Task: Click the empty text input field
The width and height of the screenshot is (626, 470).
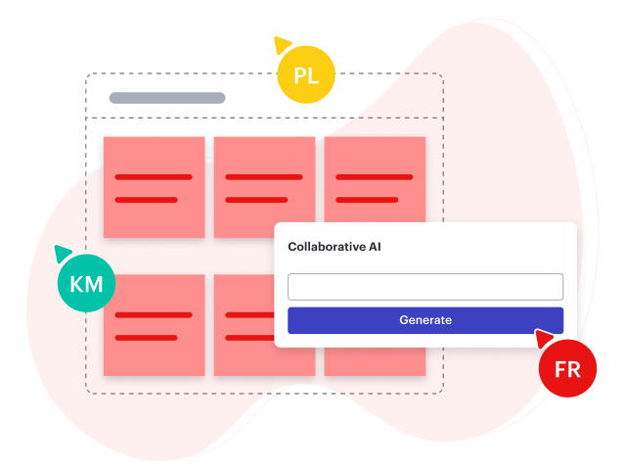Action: point(425,287)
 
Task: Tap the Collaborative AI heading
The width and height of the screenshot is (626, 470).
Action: point(335,247)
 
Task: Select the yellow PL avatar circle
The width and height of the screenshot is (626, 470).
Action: point(306,75)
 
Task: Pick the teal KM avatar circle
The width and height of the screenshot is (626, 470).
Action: point(87,285)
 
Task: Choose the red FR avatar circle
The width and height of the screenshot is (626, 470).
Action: point(567,369)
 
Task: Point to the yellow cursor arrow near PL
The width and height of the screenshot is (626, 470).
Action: point(282,44)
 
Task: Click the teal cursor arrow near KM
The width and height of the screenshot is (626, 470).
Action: point(63,253)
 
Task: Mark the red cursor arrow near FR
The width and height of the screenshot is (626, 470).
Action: point(543,339)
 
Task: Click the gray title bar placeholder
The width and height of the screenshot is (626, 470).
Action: point(167,98)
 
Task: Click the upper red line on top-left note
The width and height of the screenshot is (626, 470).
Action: point(154,177)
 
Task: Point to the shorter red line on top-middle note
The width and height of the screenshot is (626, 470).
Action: point(256,200)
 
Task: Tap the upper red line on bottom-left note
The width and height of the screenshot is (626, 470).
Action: point(154,315)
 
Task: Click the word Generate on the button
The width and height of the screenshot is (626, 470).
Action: point(425,320)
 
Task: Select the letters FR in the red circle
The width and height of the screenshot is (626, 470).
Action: point(567,370)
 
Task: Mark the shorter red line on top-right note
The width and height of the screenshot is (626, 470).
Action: point(367,200)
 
